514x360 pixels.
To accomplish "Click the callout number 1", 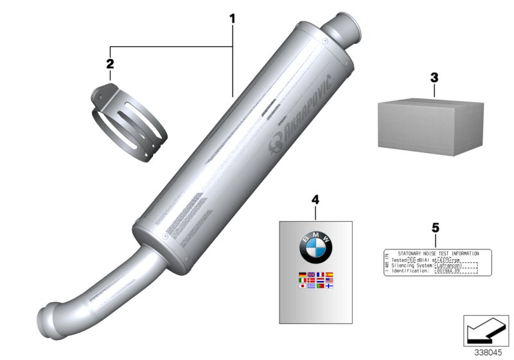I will [x=233, y=19].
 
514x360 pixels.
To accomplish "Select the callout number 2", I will [x=110, y=64].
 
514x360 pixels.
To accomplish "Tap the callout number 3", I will [x=434, y=77].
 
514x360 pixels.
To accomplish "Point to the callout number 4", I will [x=315, y=200].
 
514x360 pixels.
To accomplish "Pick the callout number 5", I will [x=435, y=227].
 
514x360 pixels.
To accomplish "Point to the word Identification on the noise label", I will [x=409, y=271].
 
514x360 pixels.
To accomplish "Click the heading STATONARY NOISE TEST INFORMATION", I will [x=438, y=254].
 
